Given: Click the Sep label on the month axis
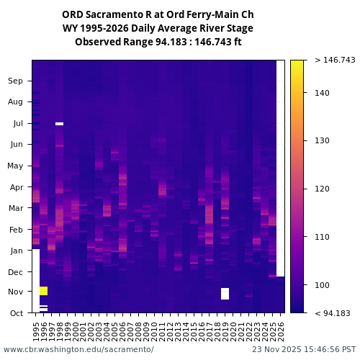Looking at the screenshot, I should (16, 81).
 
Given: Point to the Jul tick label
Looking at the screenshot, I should (17, 123).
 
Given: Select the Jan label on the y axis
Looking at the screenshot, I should (16, 251).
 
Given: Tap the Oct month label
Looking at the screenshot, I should (16, 312).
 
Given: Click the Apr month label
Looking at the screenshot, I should (16, 186).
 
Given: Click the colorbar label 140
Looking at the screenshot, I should (322, 93).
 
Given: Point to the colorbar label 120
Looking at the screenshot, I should (322, 189).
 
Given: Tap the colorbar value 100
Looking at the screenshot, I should (322, 285).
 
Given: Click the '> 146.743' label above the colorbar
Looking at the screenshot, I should (335, 60).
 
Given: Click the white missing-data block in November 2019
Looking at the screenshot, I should (225, 293).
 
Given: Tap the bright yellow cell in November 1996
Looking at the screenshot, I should (44, 290).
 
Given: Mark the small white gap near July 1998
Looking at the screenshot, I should (59, 124).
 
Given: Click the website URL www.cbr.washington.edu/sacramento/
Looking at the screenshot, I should (78, 349).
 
